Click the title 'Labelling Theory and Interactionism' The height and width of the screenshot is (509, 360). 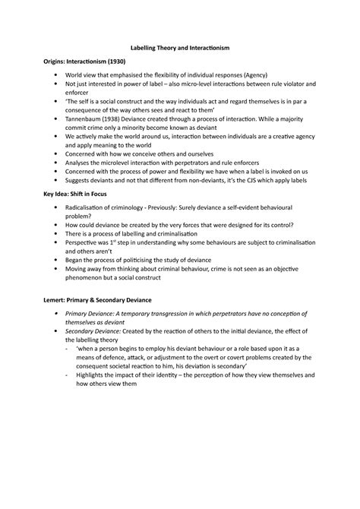180,48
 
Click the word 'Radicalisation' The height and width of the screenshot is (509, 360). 89,207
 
